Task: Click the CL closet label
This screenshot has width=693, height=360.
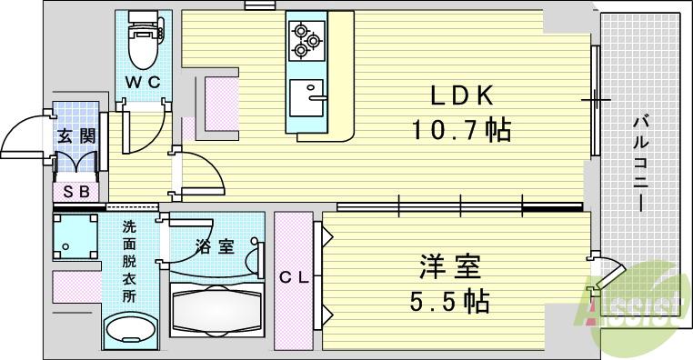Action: point(294,278)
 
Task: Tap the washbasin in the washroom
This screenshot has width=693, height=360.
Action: point(128,334)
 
